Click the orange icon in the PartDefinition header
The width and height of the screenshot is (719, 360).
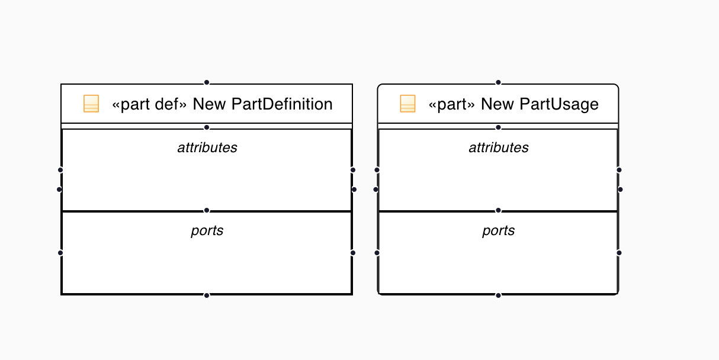[x=91, y=104]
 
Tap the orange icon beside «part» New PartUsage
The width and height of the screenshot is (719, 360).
[x=407, y=104]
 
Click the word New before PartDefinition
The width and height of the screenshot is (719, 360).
[x=210, y=104]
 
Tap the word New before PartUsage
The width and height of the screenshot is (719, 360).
[x=497, y=104]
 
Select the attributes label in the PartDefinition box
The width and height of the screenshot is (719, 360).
[x=207, y=147]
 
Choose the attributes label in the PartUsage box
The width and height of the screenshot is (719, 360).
[x=499, y=147]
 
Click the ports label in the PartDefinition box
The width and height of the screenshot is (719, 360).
[x=207, y=230]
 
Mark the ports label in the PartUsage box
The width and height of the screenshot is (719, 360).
[x=499, y=230]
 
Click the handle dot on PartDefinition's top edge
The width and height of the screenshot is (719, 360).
[x=207, y=82]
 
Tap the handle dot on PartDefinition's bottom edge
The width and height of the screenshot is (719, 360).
[x=207, y=295]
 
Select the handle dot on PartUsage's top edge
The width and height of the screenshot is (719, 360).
[x=498, y=82]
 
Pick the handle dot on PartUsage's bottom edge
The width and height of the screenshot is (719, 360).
[x=498, y=295]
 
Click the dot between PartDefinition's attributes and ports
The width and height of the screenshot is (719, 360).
[x=207, y=210]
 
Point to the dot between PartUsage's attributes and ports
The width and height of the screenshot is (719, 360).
[x=498, y=210]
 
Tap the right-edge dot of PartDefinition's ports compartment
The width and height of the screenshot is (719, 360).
[x=353, y=253]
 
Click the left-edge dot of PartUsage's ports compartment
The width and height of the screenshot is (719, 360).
[x=377, y=253]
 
